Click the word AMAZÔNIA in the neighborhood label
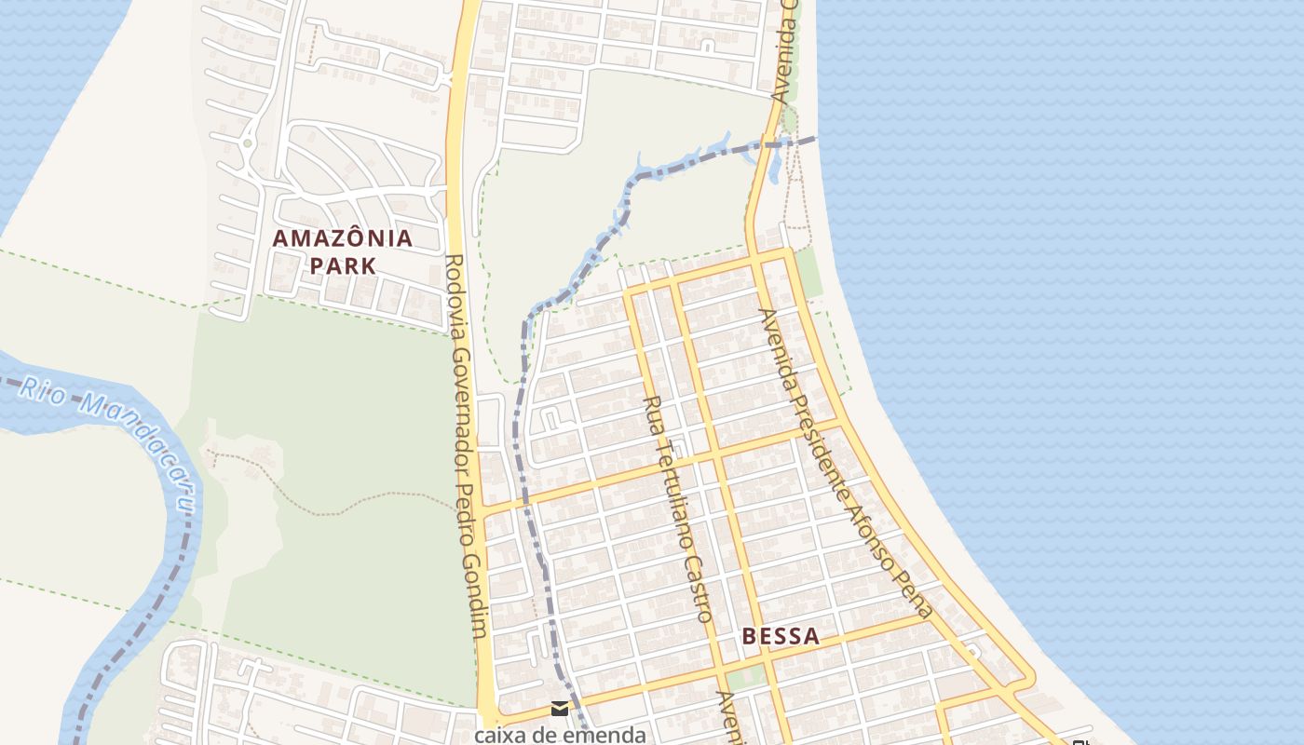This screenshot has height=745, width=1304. [x=342, y=238]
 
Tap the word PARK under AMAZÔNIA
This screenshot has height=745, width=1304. [x=342, y=265]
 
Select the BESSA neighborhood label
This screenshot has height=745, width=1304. [x=781, y=637]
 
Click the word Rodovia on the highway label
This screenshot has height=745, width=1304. [x=455, y=290]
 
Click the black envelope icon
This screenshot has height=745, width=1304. [x=559, y=709]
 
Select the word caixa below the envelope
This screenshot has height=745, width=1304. [x=501, y=735]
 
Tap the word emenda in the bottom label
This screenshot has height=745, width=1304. [x=603, y=735]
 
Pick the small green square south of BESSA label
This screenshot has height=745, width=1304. [x=744, y=676]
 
